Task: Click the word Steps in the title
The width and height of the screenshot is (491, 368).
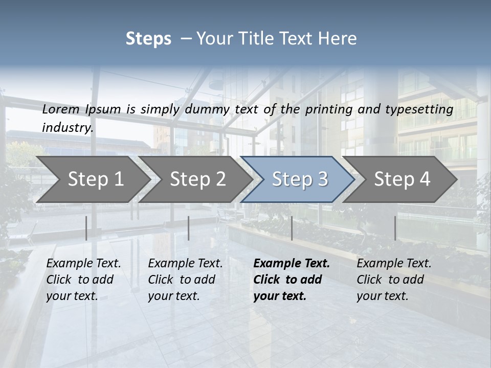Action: pos(148,39)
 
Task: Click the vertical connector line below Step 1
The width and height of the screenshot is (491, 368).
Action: pos(86,228)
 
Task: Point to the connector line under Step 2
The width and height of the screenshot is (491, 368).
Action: pos(189,228)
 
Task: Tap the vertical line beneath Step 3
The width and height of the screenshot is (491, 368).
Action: pos(292,228)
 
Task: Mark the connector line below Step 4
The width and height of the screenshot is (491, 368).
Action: pos(395,228)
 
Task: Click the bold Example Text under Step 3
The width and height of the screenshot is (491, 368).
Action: pos(292,280)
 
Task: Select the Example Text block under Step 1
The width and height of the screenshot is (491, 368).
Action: pos(83,280)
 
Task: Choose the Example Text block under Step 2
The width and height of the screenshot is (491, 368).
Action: pos(185,280)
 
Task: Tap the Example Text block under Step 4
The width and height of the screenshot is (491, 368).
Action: pos(394,280)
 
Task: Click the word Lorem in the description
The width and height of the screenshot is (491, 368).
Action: pos(61,109)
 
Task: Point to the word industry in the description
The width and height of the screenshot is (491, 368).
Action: pos(68,128)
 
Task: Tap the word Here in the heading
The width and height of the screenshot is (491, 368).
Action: pos(340,39)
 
